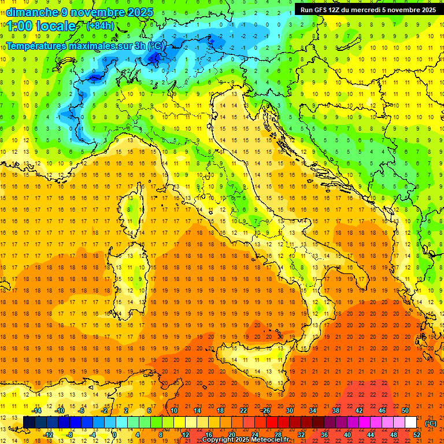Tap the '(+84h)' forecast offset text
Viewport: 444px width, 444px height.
(100, 26)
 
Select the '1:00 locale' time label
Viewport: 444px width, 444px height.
(41, 27)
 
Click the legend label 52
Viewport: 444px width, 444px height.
(416, 435)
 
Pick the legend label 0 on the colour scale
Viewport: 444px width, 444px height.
(114, 435)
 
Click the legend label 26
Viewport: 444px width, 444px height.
(266, 410)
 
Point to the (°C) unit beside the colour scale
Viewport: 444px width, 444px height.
(431, 423)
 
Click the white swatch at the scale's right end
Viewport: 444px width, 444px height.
(410, 423)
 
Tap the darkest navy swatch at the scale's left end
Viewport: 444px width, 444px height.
(29, 423)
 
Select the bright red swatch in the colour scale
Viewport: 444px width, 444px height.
(272, 423)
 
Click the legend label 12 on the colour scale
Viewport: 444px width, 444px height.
(186, 435)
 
